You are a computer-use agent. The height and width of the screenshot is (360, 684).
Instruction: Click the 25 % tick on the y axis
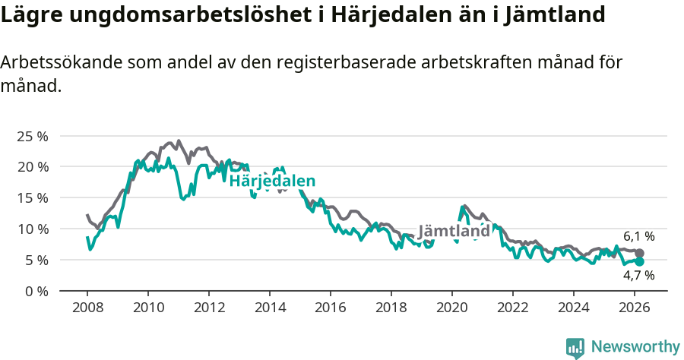tap(32, 136)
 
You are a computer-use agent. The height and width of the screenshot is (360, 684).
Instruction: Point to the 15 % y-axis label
tap(32, 197)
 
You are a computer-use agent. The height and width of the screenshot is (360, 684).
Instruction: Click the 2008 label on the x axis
tap(87, 308)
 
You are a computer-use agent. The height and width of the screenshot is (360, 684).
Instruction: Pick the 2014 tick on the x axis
tap(270, 308)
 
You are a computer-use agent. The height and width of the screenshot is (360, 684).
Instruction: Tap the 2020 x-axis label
tap(452, 308)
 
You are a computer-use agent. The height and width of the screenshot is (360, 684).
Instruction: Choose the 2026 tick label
tap(635, 308)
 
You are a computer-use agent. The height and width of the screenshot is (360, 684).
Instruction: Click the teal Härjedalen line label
tap(272, 181)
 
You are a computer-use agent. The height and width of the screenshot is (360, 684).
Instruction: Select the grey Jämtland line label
tap(454, 231)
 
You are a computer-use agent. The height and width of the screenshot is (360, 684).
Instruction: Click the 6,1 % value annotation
tap(638, 237)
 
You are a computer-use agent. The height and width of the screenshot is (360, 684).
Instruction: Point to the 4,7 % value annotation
tap(638, 276)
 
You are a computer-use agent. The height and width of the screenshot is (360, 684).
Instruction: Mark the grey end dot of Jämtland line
tap(639, 253)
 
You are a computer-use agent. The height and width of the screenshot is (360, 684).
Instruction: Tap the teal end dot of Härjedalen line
tap(639, 261)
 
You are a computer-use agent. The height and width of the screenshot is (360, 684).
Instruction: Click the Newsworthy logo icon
tap(575, 347)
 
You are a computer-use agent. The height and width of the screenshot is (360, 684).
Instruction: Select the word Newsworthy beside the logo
tap(635, 347)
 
